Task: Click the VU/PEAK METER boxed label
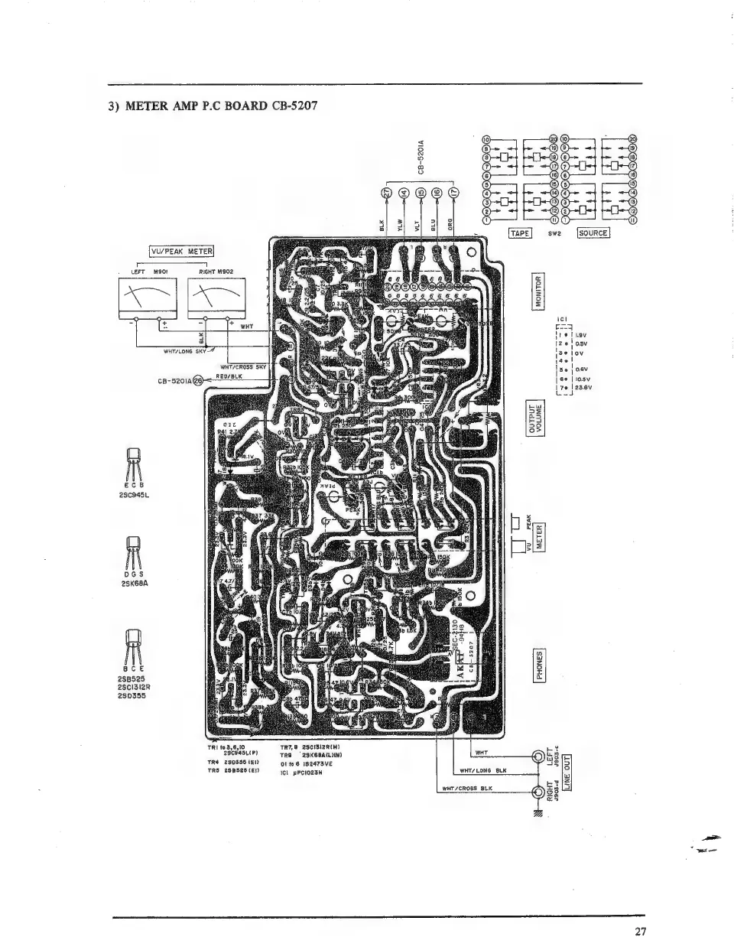point(180,251)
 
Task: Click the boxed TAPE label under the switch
point(520,233)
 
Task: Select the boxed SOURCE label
point(593,233)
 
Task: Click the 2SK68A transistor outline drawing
point(132,549)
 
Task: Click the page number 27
point(640,932)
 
